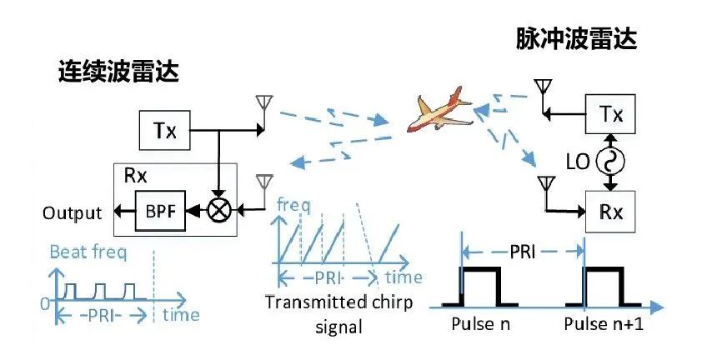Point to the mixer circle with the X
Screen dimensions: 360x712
(x=219, y=212)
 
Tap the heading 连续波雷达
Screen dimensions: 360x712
(x=119, y=72)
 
